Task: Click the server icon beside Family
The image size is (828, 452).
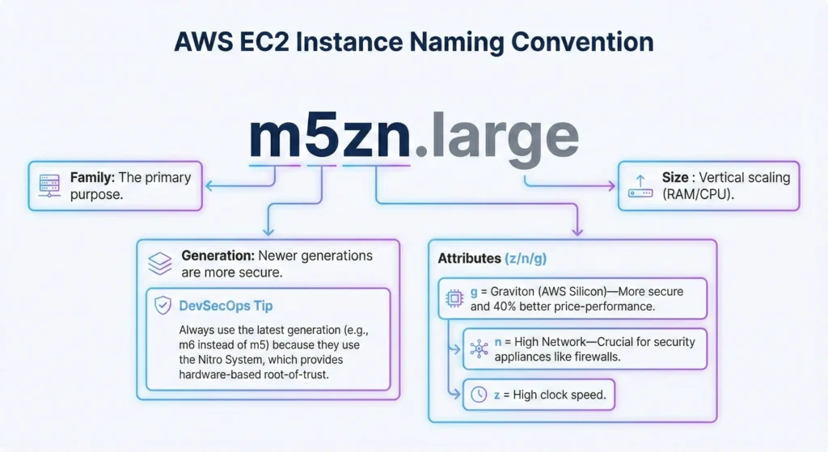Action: pyautogui.click(x=49, y=187)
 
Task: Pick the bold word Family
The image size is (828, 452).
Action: pyautogui.click(x=91, y=177)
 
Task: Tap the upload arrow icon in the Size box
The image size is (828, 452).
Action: pyautogui.click(x=640, y=187)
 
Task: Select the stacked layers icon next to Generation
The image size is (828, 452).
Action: pyautogui.click(x=159, y=264)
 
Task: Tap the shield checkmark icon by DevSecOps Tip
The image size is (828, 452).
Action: pyautogui.click(x=163, y=305)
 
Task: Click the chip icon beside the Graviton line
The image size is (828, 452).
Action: pyautogui.click(x=454, y=299)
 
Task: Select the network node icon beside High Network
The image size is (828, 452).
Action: pyautogui.click(x=479, y=349)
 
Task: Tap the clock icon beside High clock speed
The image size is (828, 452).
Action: pyautogui.click(x=479, y=395)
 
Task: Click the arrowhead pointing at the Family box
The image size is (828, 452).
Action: pyautogui.click(x=208, y=186)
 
